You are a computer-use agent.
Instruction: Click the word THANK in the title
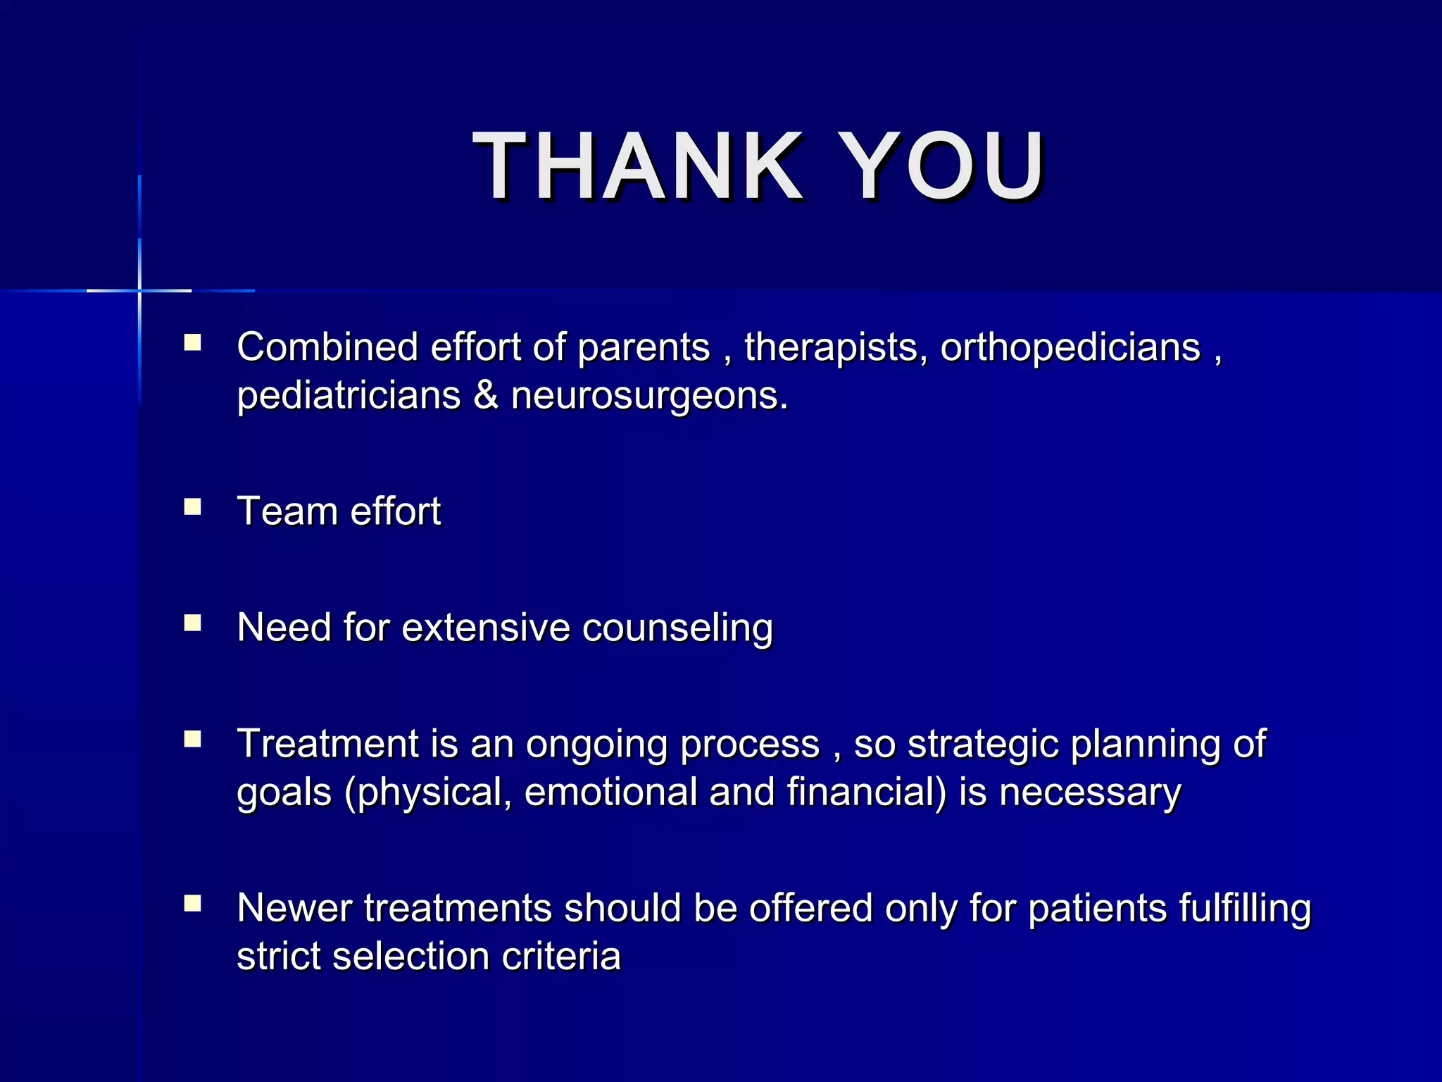(637, 167)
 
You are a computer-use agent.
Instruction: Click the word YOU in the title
(943, 167)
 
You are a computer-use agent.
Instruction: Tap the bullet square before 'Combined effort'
(192, 343)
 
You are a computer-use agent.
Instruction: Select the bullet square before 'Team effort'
(192, 507)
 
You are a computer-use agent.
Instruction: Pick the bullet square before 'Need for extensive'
(192, 623)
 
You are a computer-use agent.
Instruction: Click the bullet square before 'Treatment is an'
(192, 739)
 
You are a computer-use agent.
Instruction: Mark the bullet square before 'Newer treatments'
(192, 904)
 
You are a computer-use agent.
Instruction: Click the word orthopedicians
(1070, 348)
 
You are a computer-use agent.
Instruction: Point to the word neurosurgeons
(649, 396)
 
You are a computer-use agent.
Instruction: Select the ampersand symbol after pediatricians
(486, 396)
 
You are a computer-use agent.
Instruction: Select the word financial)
(867, 792)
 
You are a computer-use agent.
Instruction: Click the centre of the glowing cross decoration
(139, 290)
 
